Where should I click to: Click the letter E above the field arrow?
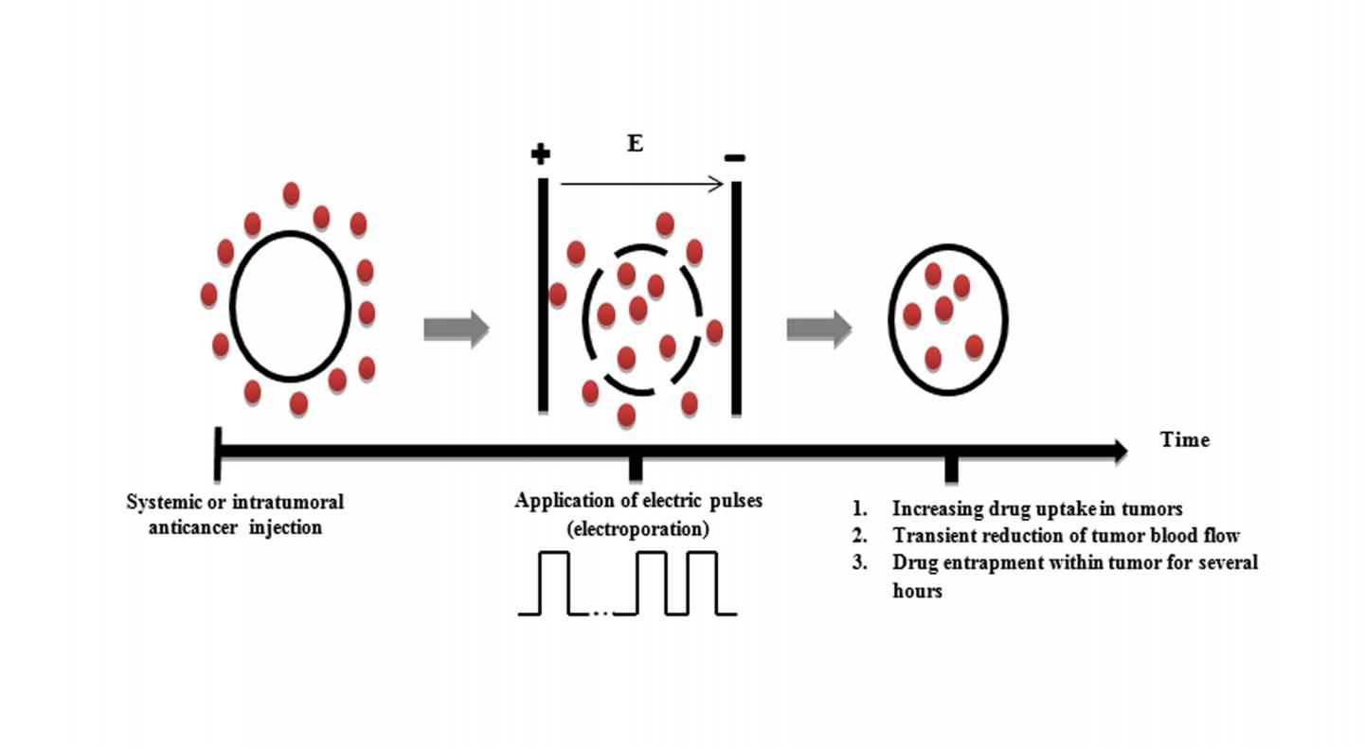coord(635,145)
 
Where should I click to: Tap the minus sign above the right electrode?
coord(734,157)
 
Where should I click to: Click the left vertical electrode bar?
coord(543,294)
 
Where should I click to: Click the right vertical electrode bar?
coord(736,298)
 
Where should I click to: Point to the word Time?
coord(1184,439)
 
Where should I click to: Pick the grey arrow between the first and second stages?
coord(456,329)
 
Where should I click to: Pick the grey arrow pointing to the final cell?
coord(819,329)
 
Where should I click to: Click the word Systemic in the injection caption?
coord(164,502)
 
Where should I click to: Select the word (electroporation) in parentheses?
coord(637,529)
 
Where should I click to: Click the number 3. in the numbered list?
coord(860,562)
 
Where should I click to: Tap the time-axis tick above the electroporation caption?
coord(636,468)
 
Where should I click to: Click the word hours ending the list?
coord(917,591)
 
